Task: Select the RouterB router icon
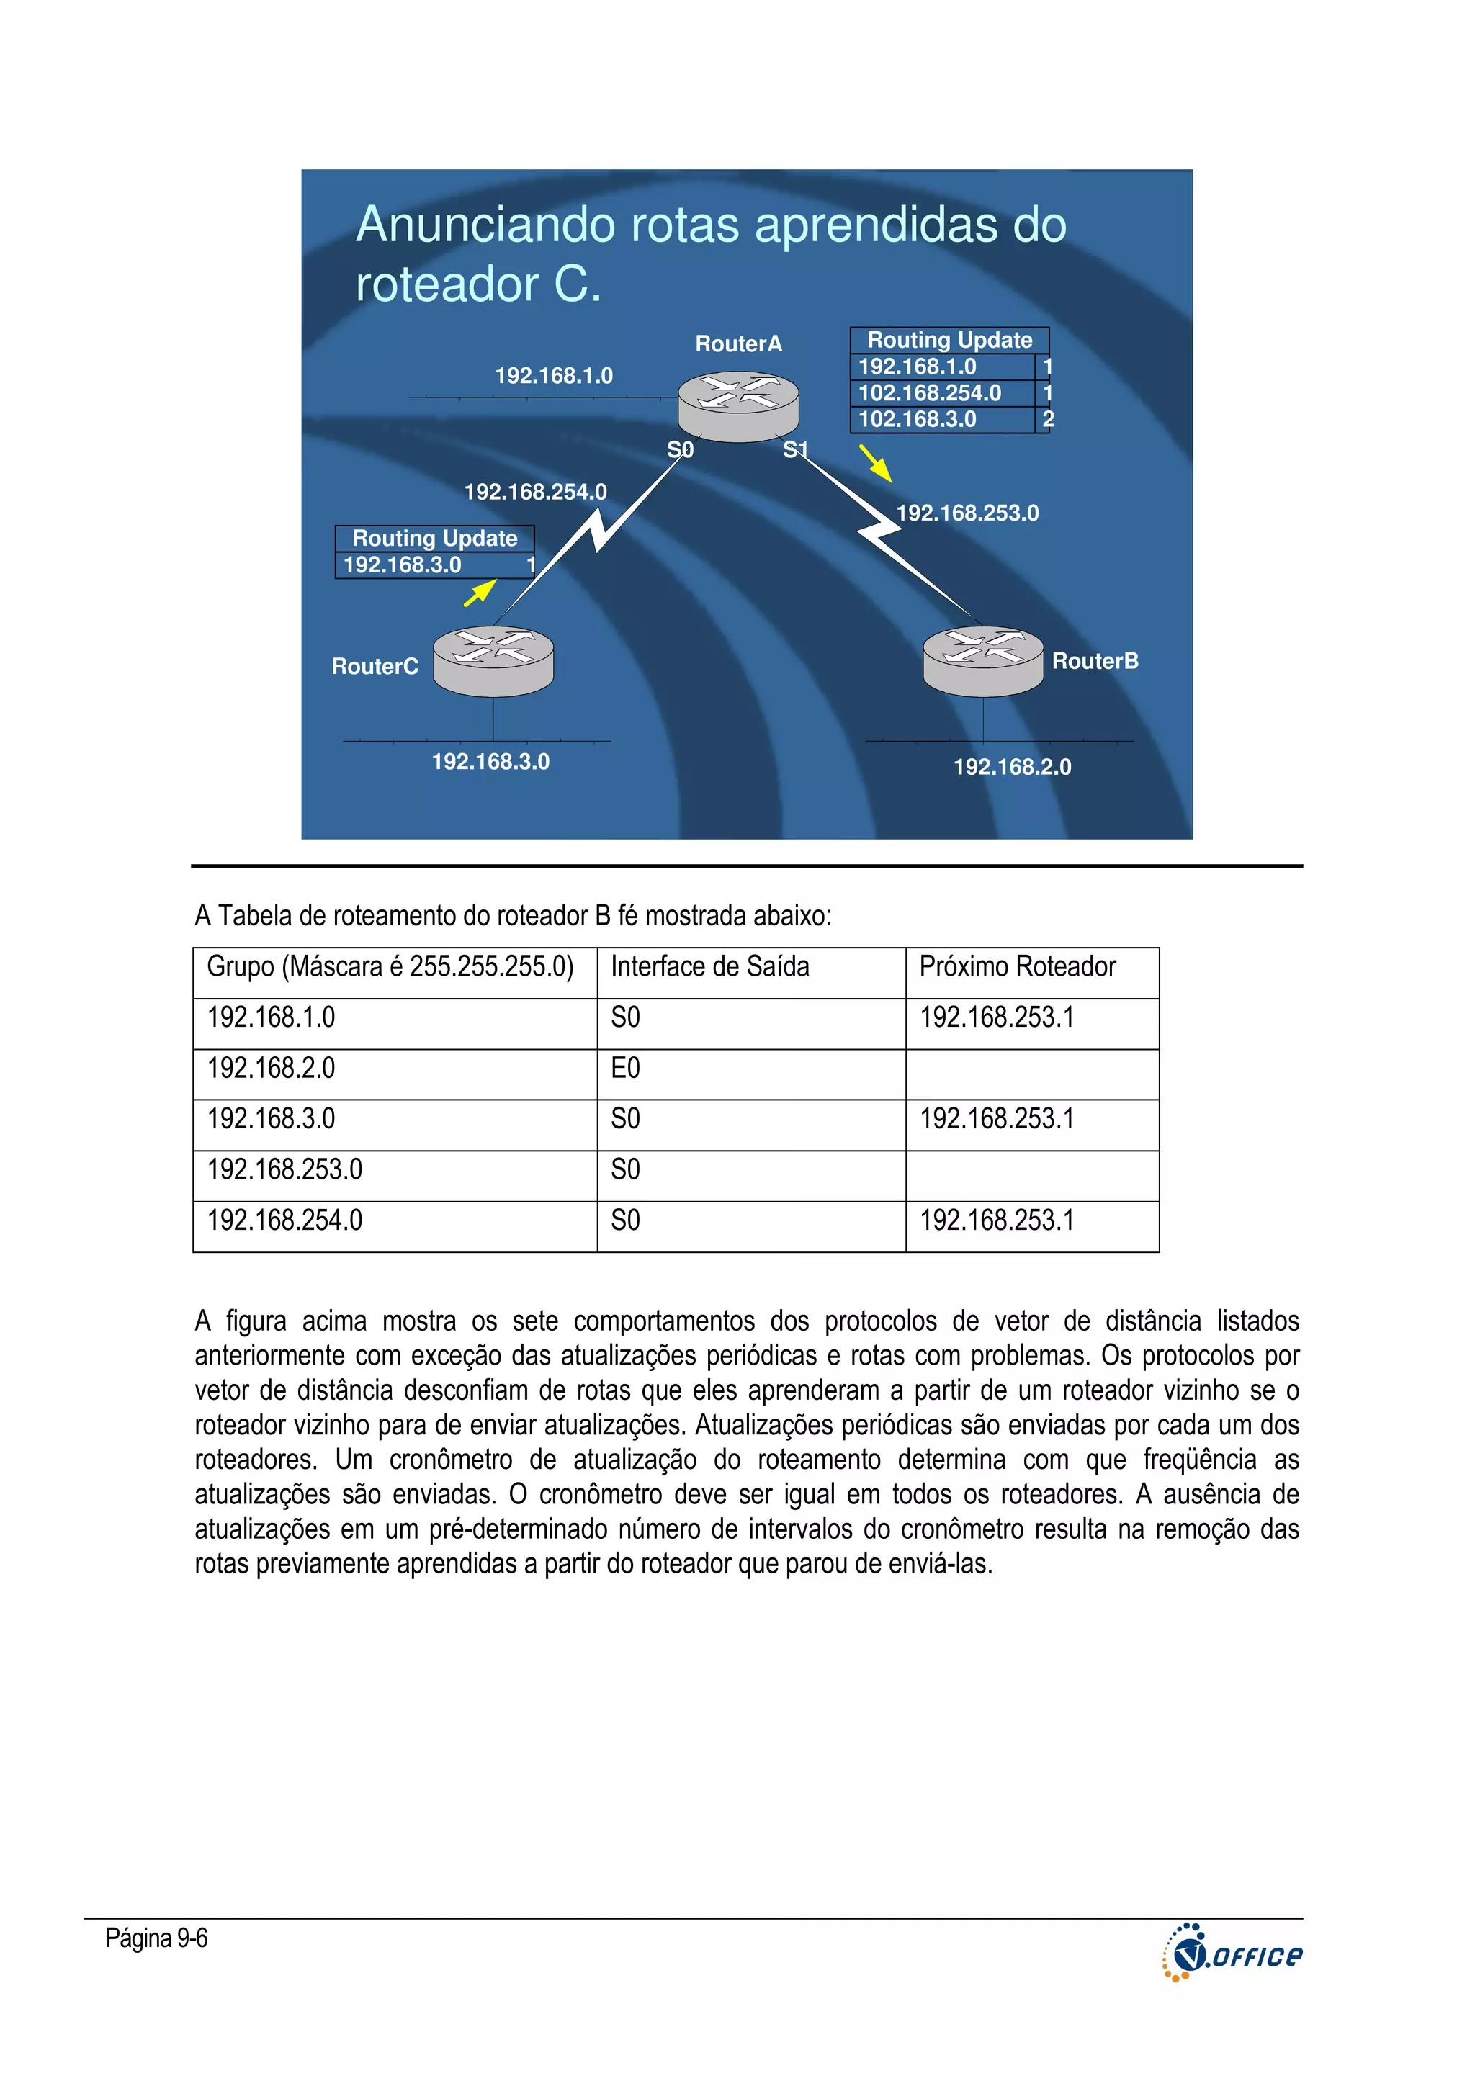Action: pos(982,660)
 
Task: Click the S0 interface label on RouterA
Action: pos(680,450)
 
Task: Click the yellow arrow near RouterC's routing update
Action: pos(480,593)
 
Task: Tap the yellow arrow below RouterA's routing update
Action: pos(875,463)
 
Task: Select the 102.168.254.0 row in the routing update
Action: pos(930,393)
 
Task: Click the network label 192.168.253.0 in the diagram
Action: pos(967,513)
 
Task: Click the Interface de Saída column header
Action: pos(710,967)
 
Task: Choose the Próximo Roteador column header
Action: pos(1017,967)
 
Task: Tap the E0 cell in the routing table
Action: pos(625,1069)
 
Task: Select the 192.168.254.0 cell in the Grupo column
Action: pos(284,1220)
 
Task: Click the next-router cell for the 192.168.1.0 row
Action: pos(996,1017)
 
